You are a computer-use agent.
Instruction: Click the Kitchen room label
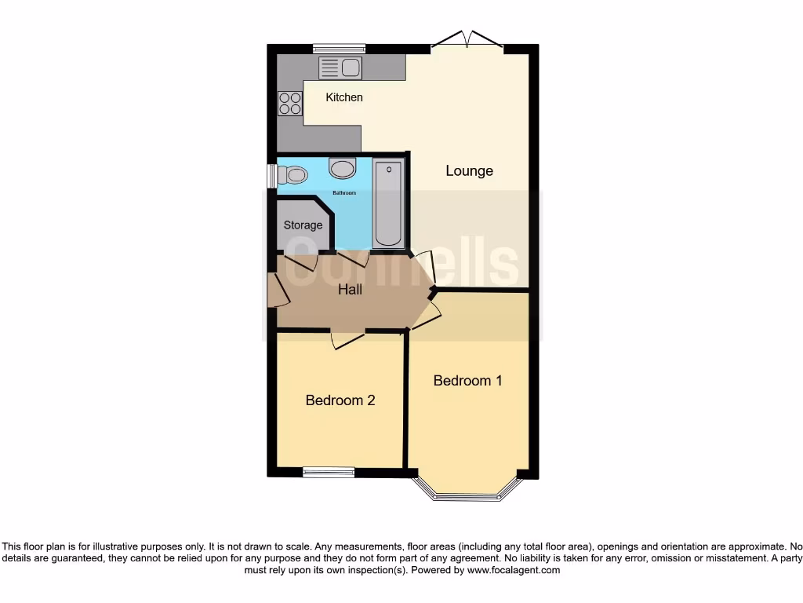click(344, 97)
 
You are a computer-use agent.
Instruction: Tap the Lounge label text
click(469, 170)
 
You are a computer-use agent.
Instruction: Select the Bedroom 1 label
click(467, 381)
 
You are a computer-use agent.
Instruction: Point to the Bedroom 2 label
click(340, 400)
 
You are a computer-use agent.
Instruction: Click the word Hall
click(350, 290)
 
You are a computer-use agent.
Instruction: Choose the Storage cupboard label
click(303, 225)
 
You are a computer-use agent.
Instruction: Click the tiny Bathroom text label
click(344, 193)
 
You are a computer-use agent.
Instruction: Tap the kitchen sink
click(340, 68)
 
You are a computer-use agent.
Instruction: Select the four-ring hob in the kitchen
click(290, 104)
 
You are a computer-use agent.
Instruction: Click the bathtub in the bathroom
click(388, 203)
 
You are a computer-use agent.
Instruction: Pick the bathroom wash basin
click(342, 167)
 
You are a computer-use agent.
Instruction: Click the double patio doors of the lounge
click(467, 41)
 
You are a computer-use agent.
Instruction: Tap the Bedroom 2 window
click(329, 473)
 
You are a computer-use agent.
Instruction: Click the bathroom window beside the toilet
click(271, 175)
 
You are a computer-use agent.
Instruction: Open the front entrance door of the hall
click(277, 290)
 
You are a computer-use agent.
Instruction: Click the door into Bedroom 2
click(347, 338)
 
